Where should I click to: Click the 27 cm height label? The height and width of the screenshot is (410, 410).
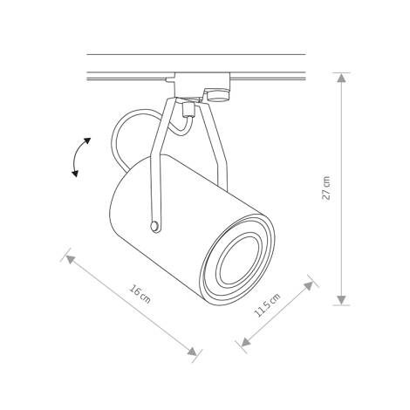tap(327, 188)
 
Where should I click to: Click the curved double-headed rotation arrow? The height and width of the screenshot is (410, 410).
tap(80, 157)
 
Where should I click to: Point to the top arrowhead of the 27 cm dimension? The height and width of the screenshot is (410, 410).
tap(341, 78)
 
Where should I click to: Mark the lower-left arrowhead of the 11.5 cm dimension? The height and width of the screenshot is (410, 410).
tap(243, 351)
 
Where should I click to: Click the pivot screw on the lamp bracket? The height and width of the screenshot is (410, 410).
tap(155, 226)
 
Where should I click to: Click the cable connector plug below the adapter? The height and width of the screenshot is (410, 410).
tap(187, 111)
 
